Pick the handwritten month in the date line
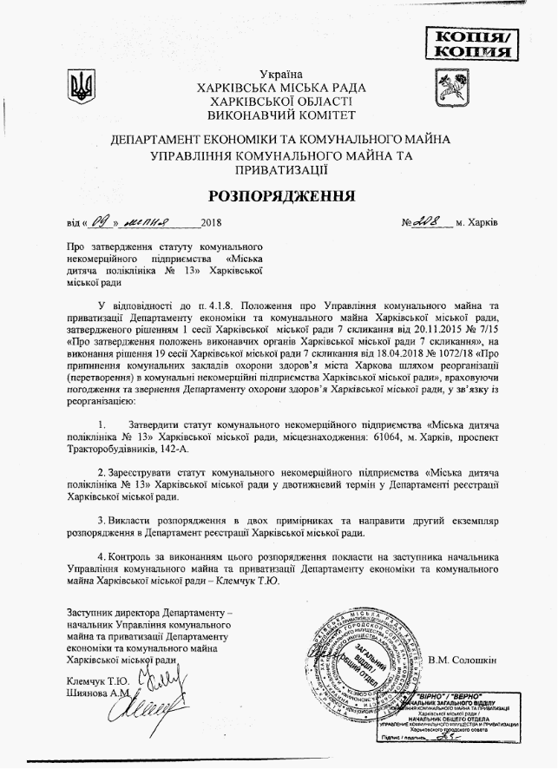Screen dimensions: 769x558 [x=157, y=221]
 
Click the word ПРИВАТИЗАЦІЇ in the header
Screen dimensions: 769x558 [x=279, y=172]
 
